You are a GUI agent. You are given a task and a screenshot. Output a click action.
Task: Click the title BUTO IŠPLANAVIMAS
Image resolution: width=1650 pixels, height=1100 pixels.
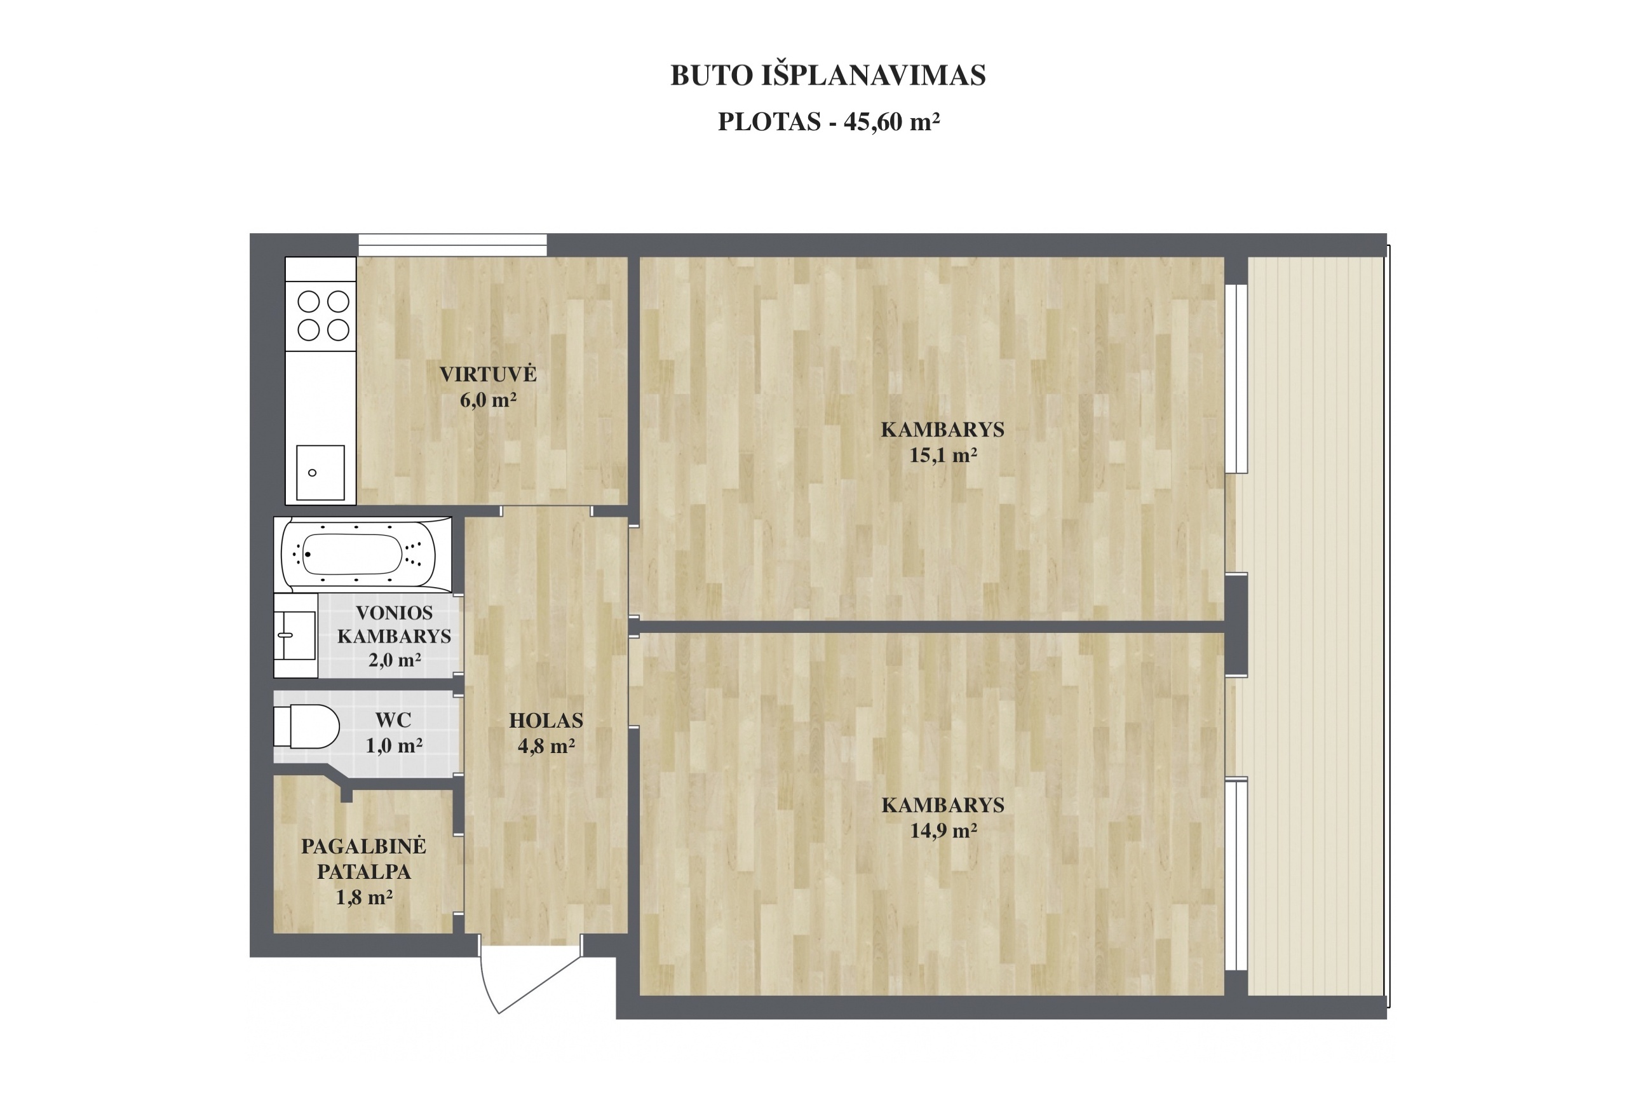point(827,76)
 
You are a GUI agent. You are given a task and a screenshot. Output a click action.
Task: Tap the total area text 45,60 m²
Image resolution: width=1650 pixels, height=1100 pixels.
point(891,122)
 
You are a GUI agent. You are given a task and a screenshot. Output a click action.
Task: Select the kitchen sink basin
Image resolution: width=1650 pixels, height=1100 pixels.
point(320,473)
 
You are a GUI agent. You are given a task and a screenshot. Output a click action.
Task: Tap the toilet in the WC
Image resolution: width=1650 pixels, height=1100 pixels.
point(306,726)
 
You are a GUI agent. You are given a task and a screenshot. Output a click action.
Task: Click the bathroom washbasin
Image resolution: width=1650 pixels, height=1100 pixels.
point(295,635)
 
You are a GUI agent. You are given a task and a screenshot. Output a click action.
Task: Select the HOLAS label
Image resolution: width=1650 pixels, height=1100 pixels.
point(546,721)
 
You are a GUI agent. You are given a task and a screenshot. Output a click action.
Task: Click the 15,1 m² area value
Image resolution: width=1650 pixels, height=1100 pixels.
point(943,455)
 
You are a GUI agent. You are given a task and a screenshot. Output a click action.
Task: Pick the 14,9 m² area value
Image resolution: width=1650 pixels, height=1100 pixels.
point(943,831)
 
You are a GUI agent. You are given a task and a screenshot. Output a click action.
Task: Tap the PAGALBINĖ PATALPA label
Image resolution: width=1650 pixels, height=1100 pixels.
point(364,859)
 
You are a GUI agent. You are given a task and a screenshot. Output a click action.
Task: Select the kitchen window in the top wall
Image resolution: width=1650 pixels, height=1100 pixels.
point(452,245)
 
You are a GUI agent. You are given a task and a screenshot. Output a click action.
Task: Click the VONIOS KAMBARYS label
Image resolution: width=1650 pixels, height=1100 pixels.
point(394,625)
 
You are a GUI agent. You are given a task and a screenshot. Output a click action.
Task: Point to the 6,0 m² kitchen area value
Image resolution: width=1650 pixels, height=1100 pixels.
point(488,400)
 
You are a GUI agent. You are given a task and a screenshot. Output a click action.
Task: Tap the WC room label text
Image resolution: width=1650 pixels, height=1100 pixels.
point(393,720)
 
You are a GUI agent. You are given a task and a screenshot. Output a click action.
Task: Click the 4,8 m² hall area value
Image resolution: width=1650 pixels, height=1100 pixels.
point(546,746)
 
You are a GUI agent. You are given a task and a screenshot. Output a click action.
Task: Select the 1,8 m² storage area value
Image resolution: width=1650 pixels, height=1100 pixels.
point(364,897)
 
